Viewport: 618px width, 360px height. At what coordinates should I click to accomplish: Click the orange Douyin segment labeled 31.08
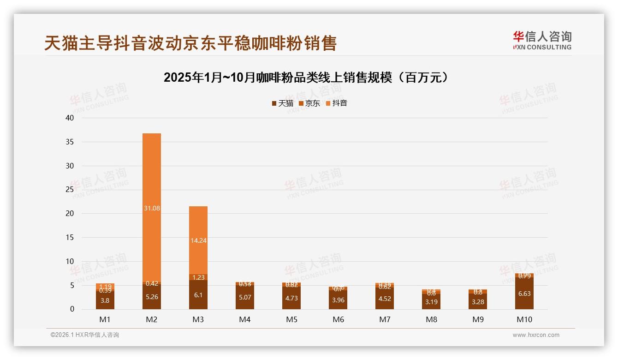[152, 208]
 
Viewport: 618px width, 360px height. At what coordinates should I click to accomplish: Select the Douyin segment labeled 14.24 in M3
[198, 240]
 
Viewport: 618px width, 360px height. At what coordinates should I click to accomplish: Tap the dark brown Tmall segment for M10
[524, 294]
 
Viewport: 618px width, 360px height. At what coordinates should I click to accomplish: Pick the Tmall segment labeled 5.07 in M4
[245, 297]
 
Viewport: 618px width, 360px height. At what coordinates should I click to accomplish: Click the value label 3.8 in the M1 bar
[105, 300]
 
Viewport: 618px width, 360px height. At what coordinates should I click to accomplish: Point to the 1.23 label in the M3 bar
[198, 277]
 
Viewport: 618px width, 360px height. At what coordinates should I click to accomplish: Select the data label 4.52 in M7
[385, 299]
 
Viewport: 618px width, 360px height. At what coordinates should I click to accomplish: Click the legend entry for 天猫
[282, 103]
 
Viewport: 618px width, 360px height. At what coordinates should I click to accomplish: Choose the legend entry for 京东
[309, 103]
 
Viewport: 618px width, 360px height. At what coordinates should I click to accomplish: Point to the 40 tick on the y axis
[70, 118]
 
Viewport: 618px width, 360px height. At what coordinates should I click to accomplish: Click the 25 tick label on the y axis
[70, 190]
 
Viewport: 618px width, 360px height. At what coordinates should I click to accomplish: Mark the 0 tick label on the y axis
[72, 309]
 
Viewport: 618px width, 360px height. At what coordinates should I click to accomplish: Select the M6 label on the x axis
[338, 319]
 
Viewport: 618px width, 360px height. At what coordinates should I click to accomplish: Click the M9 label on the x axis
[478, 319]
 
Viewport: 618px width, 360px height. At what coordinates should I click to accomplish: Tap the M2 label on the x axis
[152, 319]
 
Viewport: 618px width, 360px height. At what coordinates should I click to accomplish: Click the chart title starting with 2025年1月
[306, 78]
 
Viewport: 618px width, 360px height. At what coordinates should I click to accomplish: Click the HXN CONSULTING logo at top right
[542, 41]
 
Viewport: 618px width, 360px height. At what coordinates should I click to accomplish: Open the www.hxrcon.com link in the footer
[536, 335]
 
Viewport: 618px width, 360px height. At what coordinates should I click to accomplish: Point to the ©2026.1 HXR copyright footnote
[85, 335]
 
